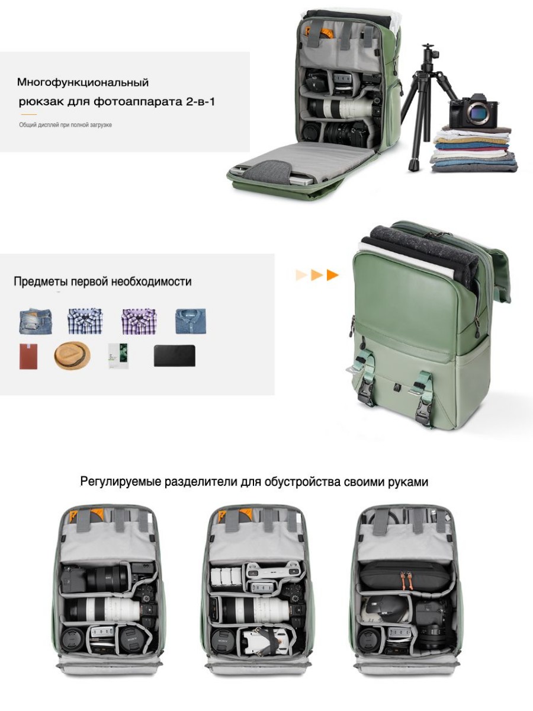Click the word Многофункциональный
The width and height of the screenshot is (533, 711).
pos(83,82)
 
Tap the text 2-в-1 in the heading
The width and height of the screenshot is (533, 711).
pos(201,102)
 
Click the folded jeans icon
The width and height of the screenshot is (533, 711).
pos(36,321)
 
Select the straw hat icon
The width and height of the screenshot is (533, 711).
pos(72,356)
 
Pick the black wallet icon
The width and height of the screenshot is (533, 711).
pos(175,355)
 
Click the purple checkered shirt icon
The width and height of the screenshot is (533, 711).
pos(139,321)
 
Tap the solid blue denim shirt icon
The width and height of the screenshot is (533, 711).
pos(191,321)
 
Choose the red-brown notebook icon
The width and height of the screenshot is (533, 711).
pos(28,356)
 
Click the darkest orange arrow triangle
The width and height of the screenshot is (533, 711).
pos(332,275)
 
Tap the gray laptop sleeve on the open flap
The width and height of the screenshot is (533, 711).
pos(268,170)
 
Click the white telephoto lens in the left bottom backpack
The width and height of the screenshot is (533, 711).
pos(104,609)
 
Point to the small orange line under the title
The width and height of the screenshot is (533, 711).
pos(29,114)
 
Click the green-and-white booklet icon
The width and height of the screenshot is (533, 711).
pos(118,355)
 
